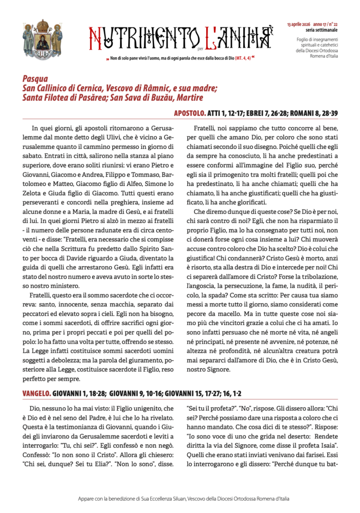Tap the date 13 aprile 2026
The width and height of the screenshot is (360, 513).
coord(298,24)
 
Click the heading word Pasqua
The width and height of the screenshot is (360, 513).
coord(36,79)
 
